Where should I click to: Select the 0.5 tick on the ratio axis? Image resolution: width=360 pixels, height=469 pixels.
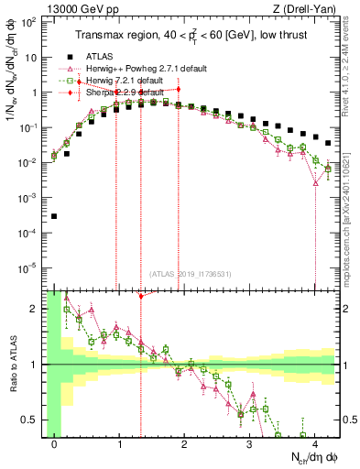point(33,420)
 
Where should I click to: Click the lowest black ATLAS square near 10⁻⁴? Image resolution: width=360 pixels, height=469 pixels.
point(54,216)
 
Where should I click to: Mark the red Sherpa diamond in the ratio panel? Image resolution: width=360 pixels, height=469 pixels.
point(140,296)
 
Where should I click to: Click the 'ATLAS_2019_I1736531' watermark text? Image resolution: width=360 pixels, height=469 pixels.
point(184,273)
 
